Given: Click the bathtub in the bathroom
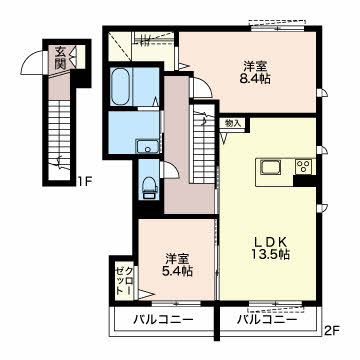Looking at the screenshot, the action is (120, 86).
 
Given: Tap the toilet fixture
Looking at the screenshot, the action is (150, 188).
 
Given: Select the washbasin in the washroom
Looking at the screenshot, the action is (147, 146).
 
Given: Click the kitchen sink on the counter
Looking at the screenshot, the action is (270, 166).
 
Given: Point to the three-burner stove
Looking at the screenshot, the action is (303, 166).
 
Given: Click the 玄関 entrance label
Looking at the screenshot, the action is (60, 58).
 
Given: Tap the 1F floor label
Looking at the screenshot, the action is (85, 182).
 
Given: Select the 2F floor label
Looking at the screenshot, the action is (332, 331).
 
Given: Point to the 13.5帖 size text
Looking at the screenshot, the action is (268, 255).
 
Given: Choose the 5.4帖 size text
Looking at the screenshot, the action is (178, 271).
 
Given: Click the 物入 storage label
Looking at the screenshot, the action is (233, 123).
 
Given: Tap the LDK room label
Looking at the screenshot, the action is (268, 241).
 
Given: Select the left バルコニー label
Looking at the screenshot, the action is (163, 320).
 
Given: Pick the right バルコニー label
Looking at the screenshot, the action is (267, 320).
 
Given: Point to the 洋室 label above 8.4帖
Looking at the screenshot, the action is (255, 67).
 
